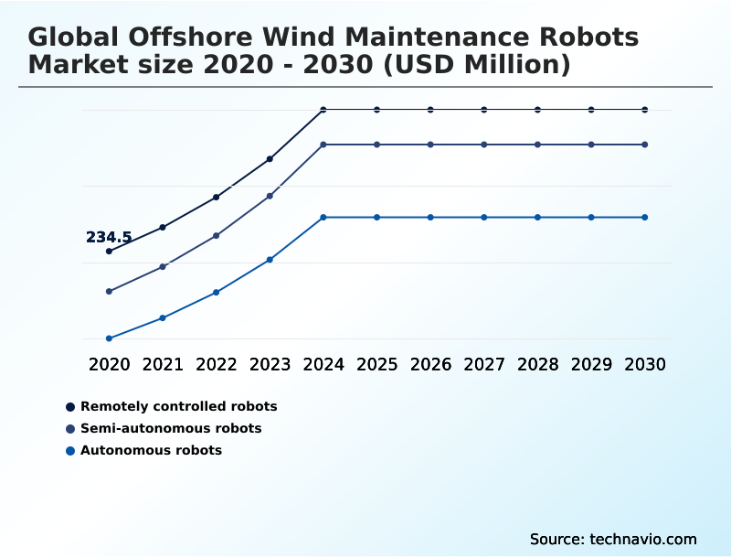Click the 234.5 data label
coord(109,237)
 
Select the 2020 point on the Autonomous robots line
coord(109,338)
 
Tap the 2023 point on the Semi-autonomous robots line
coord(270,196)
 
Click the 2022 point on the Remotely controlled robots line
coord(217,197)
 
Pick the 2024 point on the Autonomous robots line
coord(323,217)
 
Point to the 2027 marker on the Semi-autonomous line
coord(484,145)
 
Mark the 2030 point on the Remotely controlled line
coord(645,110)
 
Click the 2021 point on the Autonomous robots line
coord(163,317)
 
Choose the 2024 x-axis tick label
coord(323,364)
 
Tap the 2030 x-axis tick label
coord(645,364)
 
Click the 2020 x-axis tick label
coord(109,364)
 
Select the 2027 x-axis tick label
coord(484,364)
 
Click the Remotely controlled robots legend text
coord(178,406)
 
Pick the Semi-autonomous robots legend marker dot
coord(70,428)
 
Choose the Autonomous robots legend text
coord(151,450)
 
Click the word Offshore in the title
coord(188,38)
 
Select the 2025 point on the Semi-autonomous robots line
coord(376,145)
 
